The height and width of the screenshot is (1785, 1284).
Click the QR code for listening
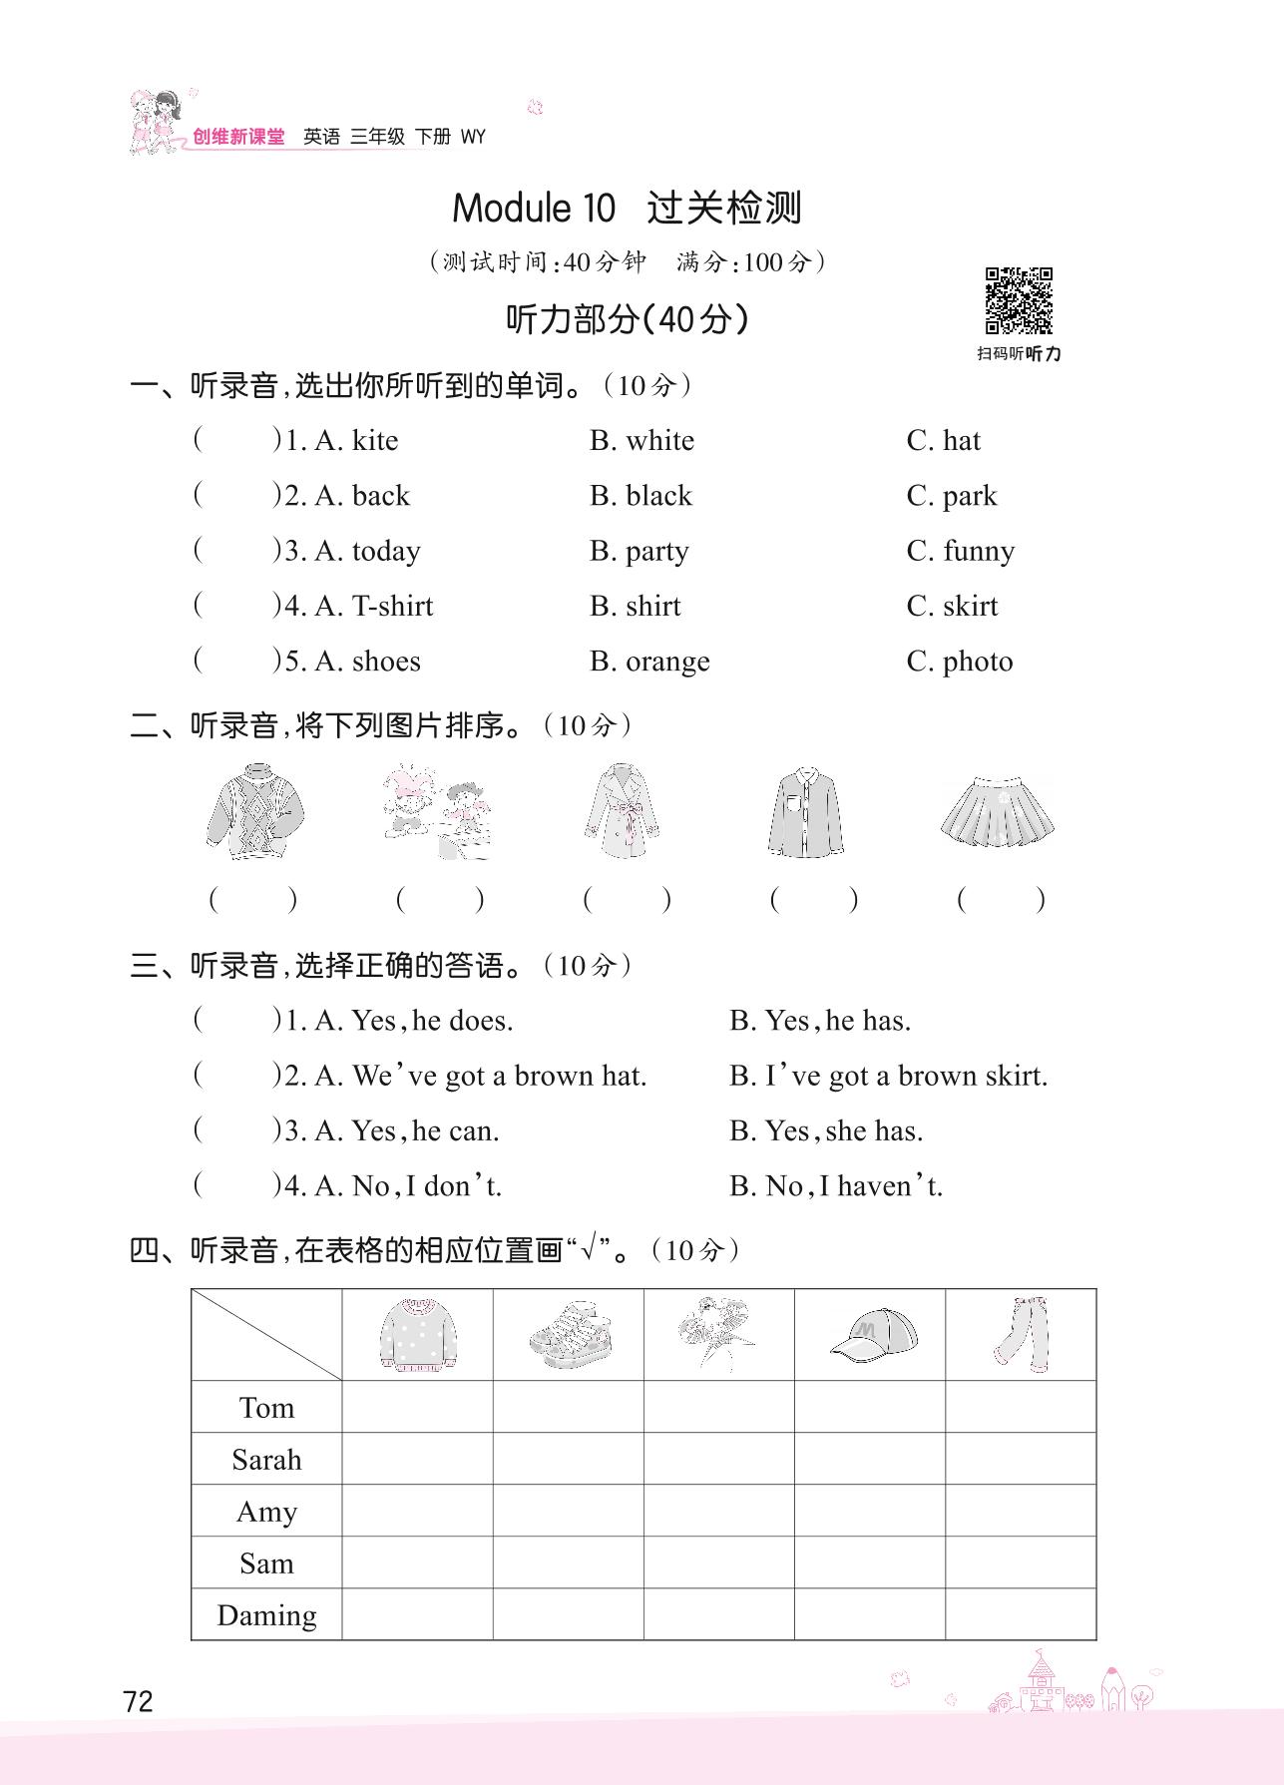tap(1019, 300)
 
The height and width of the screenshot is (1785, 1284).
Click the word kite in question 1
tap(374, 441)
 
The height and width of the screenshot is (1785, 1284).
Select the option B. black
tap(641, 496)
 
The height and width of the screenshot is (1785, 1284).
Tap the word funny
tap(978, 552)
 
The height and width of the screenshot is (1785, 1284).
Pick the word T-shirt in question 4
tap(392, 607)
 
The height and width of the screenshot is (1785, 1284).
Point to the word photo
tap(977, 662)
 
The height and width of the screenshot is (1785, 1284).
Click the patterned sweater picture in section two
tap(254, 811)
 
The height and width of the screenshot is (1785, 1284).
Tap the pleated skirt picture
tap(997, 812)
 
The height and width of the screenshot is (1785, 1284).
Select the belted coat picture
tap(622, 811)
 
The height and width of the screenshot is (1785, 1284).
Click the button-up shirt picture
tap(806, 812)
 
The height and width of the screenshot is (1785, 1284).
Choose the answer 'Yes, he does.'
tap(431, 1021)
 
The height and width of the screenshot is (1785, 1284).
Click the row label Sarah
tap(266, 1460)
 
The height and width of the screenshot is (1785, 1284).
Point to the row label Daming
tap(266, 1615)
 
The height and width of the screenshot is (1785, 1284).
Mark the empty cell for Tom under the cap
tap(870, 1407)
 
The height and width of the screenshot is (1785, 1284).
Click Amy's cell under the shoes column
tap(569, 1511)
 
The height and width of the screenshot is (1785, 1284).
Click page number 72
tap(139, 1700)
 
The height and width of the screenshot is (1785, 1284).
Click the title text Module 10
tap(534, 209)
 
